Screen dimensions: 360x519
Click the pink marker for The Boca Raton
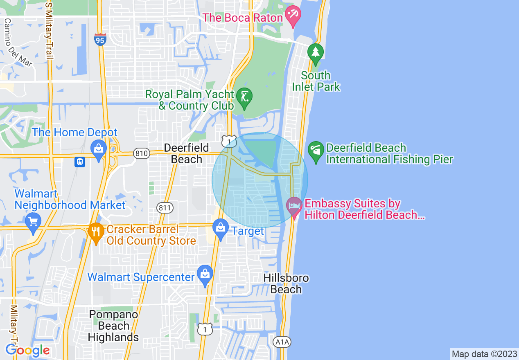pos(293,16)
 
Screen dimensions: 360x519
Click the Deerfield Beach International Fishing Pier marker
pos(316,151)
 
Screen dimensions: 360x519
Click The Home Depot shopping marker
pos(99,149)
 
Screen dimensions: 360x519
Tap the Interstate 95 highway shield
pos(99,39)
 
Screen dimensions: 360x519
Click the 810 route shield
pos(141,153)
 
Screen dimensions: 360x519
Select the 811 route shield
pos(165,208)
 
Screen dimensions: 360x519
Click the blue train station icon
pos(80,162)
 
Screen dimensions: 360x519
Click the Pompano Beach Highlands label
pos(113,326)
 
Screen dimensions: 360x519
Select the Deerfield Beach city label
pos(187,153)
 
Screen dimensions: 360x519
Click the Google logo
pos(28,350)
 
